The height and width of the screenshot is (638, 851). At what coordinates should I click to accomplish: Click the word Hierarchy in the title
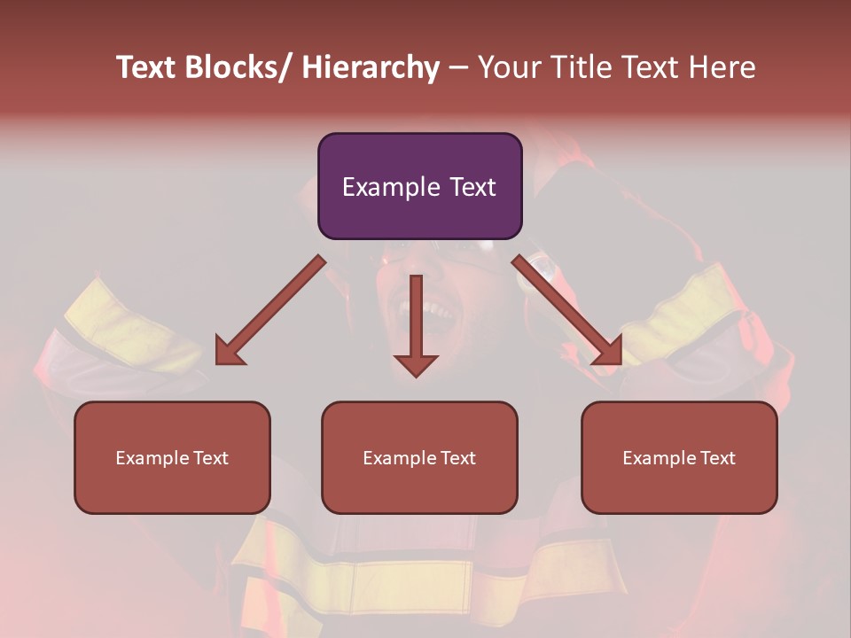[x=371, y=68]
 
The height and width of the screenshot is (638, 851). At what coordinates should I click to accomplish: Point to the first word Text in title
[x=147, y=68]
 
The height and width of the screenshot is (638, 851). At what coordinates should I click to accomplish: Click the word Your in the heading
[x=508, y=68]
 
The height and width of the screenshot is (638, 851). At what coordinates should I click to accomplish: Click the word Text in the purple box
[x=472, y=188]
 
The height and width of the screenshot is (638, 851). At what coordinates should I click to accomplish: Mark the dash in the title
[x=458, y=68]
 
